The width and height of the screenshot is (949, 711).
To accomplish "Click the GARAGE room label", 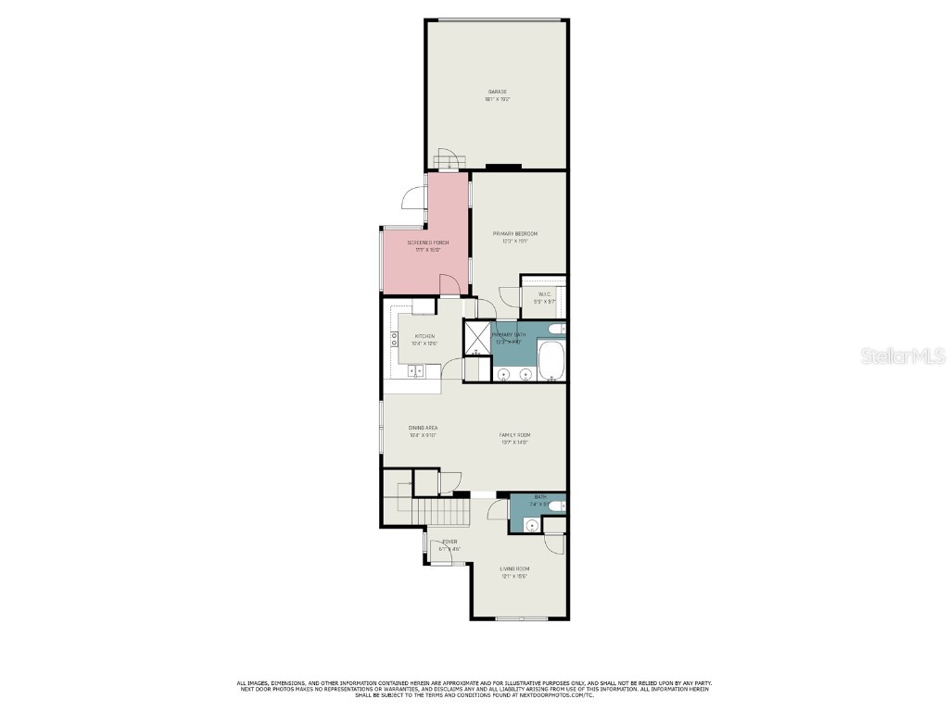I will (x=498, y=92).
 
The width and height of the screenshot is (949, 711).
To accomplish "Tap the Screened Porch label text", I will (x=428, y=243).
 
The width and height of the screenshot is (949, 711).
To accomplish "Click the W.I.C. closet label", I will (x=544, y=294).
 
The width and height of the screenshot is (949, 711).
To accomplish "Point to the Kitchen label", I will (x=424, y=337).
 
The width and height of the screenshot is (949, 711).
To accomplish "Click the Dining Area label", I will (x=423, y=428).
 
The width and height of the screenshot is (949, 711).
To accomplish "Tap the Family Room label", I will (x=514, y=435).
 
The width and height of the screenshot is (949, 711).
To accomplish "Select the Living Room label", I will (x=514, y=569).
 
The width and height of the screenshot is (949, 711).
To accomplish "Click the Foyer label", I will (x=449, y=542).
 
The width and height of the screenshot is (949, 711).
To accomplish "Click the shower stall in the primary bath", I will (x=477, y=336).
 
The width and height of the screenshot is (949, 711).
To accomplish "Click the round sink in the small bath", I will (x=531, y=525).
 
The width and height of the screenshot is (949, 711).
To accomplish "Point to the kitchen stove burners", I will (x=395, y=339).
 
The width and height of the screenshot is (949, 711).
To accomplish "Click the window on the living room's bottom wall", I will (x=519, y=618).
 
